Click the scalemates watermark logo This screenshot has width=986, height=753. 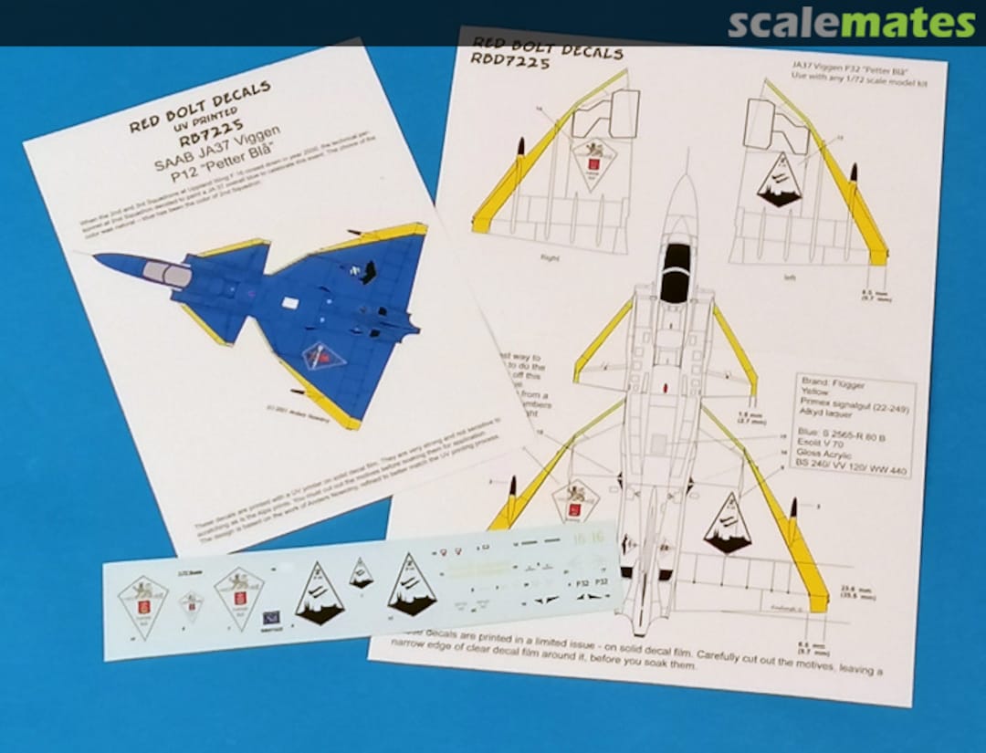coord(851,23)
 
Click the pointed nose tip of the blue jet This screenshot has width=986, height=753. coord(96,257)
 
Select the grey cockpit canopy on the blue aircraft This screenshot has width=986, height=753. coord(169,272)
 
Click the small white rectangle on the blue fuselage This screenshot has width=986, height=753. coord(290,302)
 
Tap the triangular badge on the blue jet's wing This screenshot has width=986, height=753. coord(320,356)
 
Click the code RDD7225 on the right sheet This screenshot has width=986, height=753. coord(509,63)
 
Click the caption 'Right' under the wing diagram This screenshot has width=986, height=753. coord(549,257)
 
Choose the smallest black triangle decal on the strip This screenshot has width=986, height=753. coord(361,572)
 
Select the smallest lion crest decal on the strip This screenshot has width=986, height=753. coord(191,605)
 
